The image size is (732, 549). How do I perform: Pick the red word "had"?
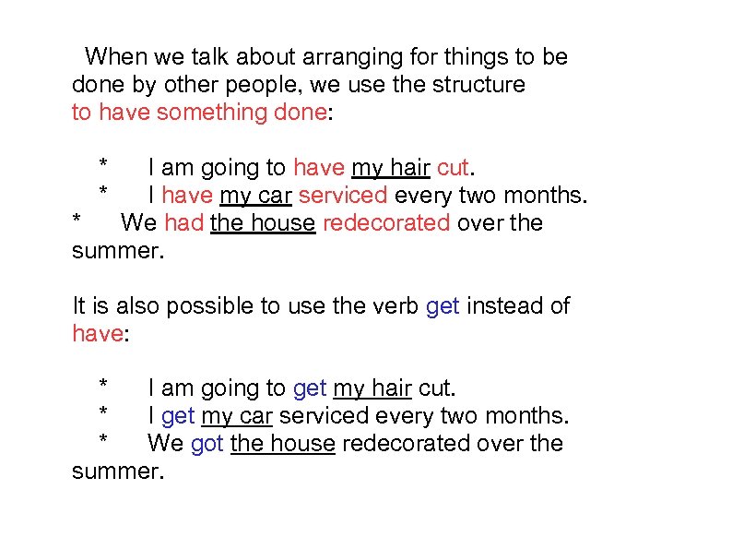point(183,223)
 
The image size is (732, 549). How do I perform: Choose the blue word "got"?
point(207,444)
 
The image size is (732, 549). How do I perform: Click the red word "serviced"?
point(343,196)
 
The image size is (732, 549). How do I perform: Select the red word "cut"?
point(453,168)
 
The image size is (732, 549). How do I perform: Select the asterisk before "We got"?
point(105,442)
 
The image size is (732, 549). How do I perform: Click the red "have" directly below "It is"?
point(96,333)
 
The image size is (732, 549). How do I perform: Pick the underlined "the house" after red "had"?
point(263,223)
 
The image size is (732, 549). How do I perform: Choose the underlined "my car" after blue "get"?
point(237,416)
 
